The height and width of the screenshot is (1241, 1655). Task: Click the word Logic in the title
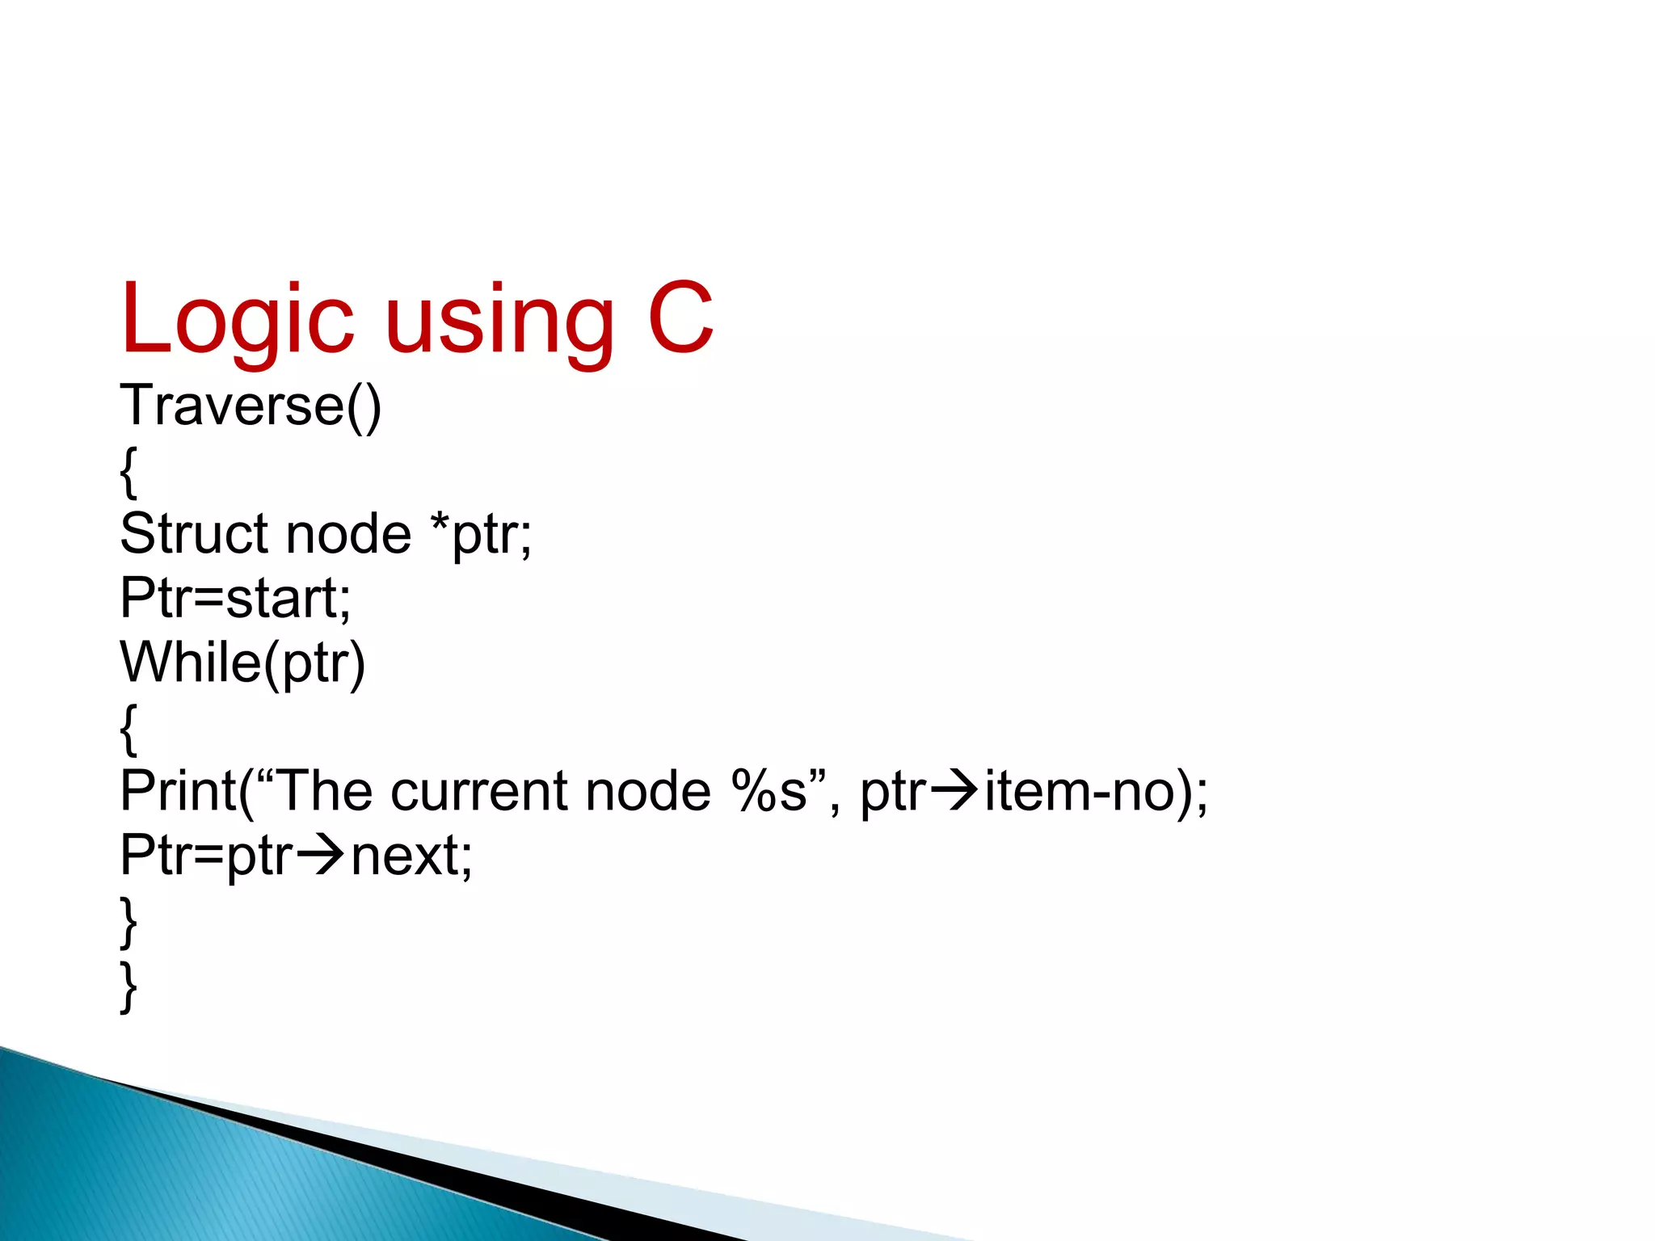237,319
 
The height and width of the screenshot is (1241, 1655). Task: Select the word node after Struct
348,534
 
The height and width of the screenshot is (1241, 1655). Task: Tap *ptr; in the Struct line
482,534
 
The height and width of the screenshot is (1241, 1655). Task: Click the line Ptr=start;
235,599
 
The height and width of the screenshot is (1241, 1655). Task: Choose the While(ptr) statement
242,663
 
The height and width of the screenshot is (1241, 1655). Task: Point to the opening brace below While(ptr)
128,728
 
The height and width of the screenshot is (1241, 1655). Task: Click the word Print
178,791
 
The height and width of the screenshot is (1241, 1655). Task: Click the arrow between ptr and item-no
954,791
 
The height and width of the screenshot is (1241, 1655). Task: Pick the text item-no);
1096,791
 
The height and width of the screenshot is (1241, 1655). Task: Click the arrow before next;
321,856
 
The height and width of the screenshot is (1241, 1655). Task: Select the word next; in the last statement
411,856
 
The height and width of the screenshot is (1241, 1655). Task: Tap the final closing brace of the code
128,986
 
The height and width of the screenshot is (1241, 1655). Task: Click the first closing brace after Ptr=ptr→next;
128,922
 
